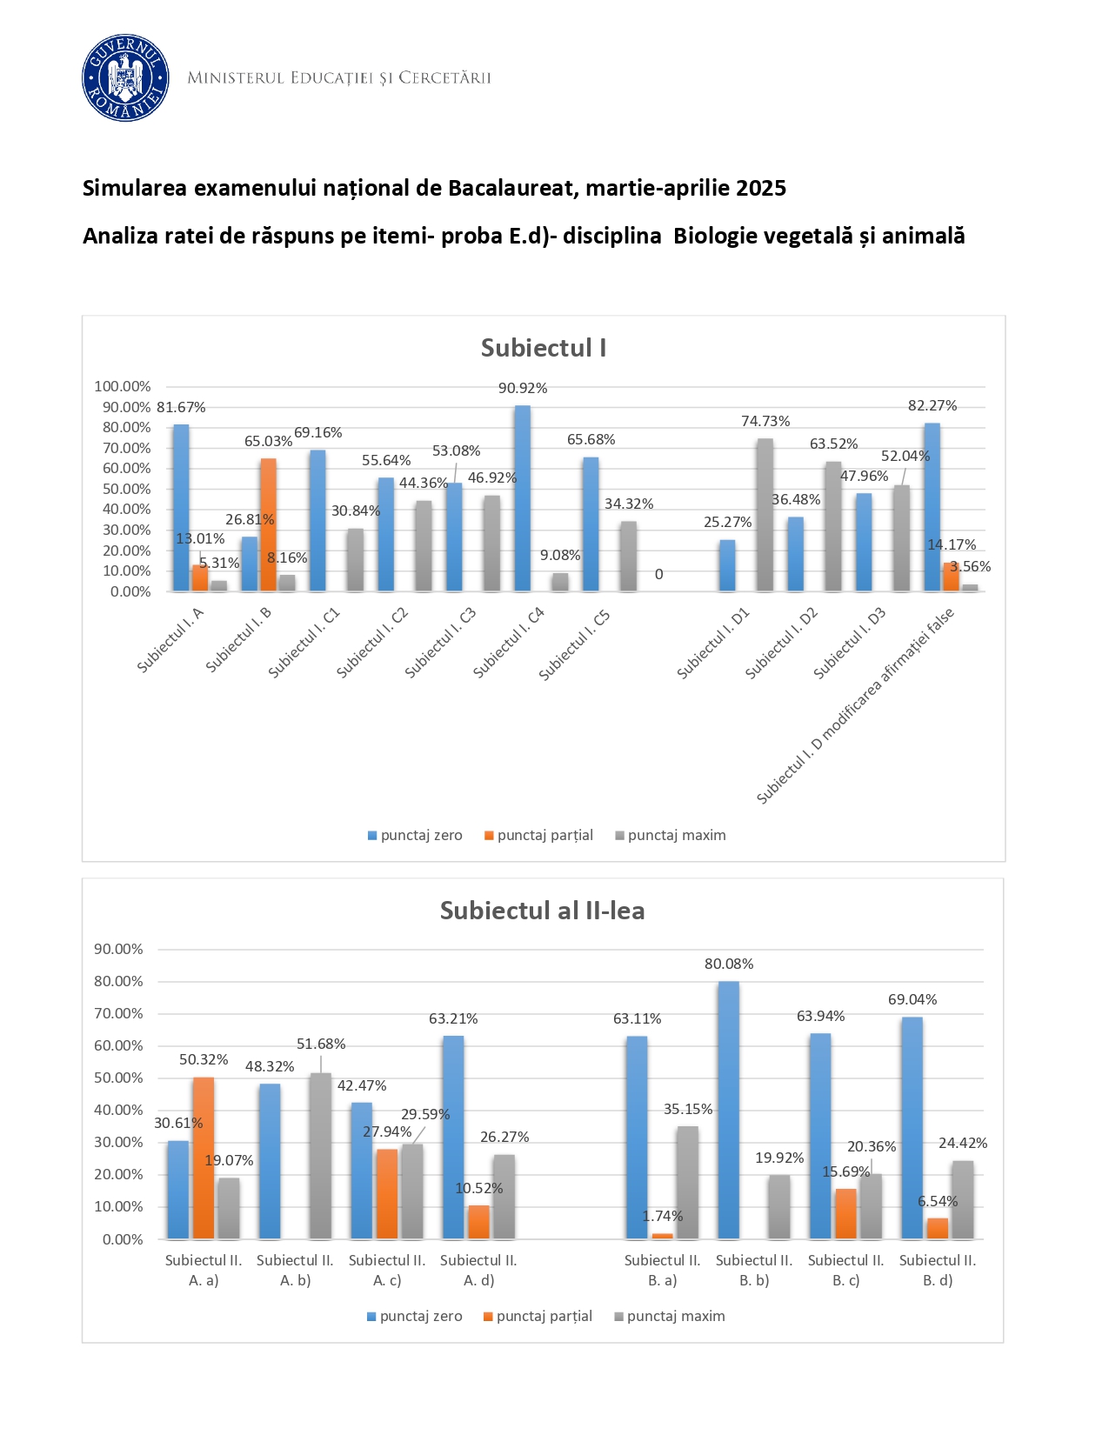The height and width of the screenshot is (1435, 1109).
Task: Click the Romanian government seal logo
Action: [x=125, y=78]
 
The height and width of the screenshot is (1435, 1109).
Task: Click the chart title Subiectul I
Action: [x=544, y=348]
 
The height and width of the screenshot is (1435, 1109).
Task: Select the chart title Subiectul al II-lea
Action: [x=542, y=911]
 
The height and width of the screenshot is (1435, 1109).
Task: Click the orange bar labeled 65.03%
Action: [x=269, y=525]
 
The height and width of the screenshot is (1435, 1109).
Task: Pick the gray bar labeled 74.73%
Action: [x=765, y=515]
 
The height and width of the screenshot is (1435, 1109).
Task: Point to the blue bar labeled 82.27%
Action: [x=932, y=507]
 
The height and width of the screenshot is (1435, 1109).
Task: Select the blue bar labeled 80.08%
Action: [x=729, y=1110]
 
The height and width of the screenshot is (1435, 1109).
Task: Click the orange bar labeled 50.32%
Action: [x=204, y=1158]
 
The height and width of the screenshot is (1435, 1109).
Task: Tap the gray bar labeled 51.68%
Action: [x=321, y=1156]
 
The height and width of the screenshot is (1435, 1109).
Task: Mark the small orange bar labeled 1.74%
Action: [x=663, y=1236]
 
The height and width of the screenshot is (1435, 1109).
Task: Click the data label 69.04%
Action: [x=912, y=1000]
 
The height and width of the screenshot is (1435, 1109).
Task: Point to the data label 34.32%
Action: [x=629, y=504]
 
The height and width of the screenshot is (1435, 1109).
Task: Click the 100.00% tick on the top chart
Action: [x=123, y=386]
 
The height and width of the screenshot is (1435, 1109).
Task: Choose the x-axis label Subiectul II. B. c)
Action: [x=845, y=1270]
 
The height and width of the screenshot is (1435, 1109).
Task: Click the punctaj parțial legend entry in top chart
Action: [x=538, y=835]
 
